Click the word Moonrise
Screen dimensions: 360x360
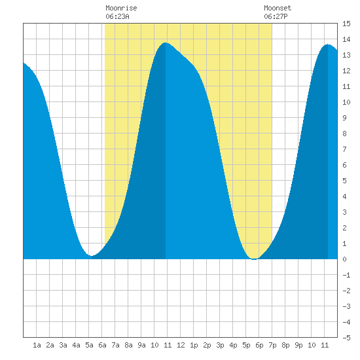click(121, 8)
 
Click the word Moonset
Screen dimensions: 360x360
click(278, 8)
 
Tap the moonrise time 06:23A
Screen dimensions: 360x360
click(117, 16)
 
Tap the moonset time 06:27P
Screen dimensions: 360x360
click(276, 16)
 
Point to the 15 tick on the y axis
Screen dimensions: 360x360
click(346, 24)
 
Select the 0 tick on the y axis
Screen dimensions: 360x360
click(344, 259)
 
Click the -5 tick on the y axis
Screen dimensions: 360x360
click(346, 338)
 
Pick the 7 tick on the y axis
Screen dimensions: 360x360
click(344, 149)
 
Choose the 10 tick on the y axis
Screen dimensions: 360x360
click(346, 102)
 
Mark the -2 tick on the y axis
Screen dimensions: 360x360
click(346, 291)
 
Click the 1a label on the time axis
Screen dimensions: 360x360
click(37, 345)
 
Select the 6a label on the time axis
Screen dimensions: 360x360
click(102, 345)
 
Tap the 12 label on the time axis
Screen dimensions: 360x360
click(181, 345)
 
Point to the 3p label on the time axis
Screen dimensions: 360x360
click(220, 345)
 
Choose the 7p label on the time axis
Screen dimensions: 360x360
click(272, 345)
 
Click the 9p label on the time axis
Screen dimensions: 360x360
click(298, 345)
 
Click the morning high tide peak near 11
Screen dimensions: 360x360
click(166, 43)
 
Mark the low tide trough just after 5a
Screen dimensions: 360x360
click(92, 255)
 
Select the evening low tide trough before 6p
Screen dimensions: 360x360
click(254, 259)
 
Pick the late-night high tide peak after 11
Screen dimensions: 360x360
click(328, 45)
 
